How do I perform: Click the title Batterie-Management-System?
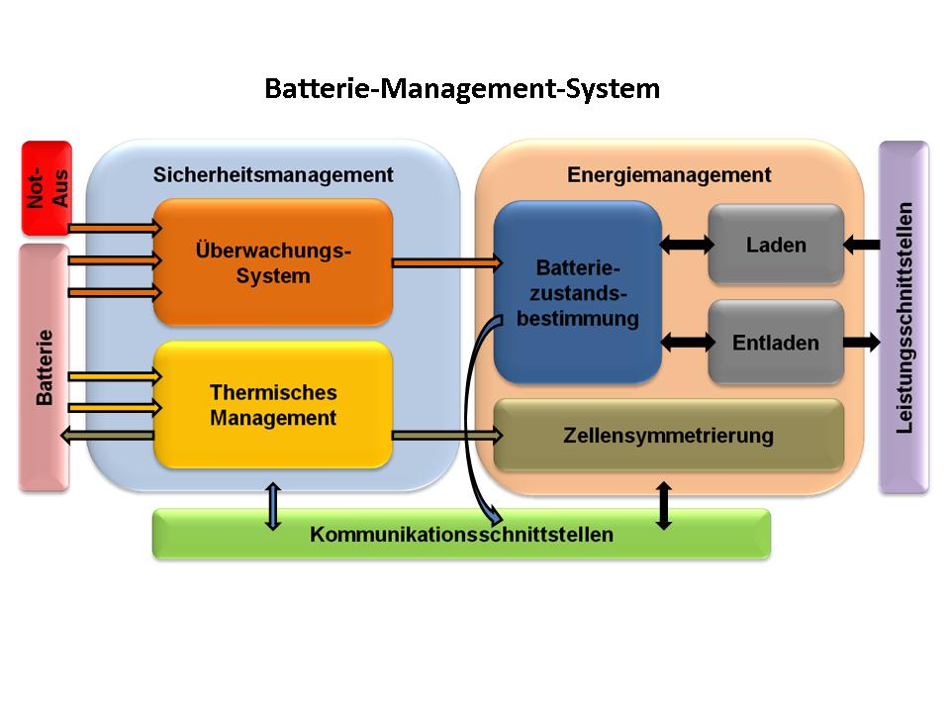point(461,89)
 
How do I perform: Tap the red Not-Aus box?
point(47,187)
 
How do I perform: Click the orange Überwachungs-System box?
point(273,262)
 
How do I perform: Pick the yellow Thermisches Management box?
point(273,405)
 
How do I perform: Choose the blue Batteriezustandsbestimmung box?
point(577,293)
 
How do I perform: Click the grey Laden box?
point(776,245)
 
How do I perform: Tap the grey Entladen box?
point(776,343)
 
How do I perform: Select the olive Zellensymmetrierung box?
point(668,436)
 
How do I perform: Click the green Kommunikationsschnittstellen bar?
point(461,535)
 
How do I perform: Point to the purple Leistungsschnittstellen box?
point(903,317)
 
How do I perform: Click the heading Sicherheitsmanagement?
point(273,175)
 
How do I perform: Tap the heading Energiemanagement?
point(668,175)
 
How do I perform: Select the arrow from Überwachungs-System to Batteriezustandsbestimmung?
point(446,262)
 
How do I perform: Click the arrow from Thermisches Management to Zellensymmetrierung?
point(446,435)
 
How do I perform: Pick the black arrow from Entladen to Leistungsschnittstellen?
point(861,343)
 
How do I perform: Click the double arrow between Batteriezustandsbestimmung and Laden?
point(686,245)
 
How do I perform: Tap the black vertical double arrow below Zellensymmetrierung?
point(664,504)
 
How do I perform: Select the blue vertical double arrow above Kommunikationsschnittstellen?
point(273,506)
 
